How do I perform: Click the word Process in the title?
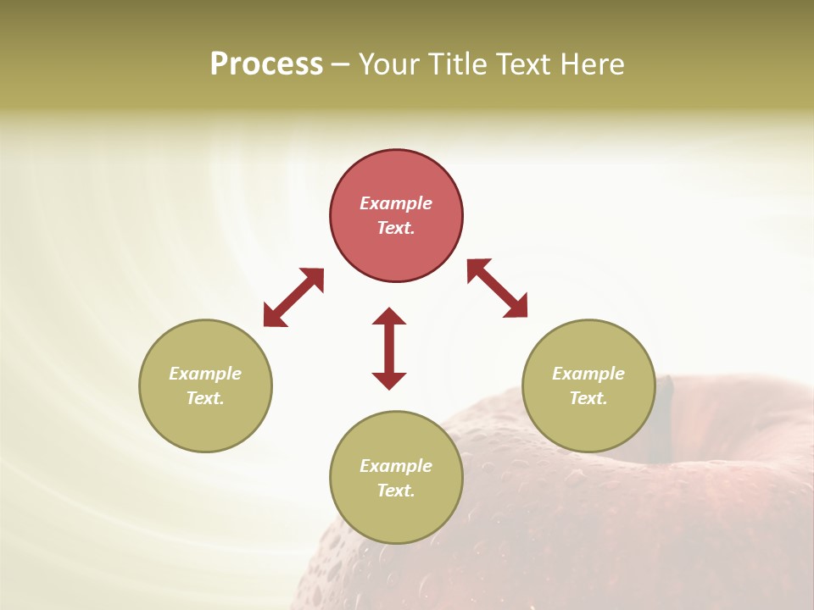[x=266, y=64]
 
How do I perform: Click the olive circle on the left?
[x=205, y=385]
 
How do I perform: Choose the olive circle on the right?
[x=588, y=385]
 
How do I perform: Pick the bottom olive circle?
[x=396, y=477]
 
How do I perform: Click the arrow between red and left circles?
[x=293, y=297]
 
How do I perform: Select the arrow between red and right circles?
[x=497, y=288]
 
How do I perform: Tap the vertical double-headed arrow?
[x=389, y=348]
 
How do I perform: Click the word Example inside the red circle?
[x=396, y=203]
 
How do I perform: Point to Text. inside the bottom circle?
[x=396, y=491]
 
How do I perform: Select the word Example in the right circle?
[x=588, y=374]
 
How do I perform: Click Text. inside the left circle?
[x=205, y=398]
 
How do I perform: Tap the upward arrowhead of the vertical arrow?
[x=389, y=315]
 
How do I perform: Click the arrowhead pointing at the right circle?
[x=516, y=307]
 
